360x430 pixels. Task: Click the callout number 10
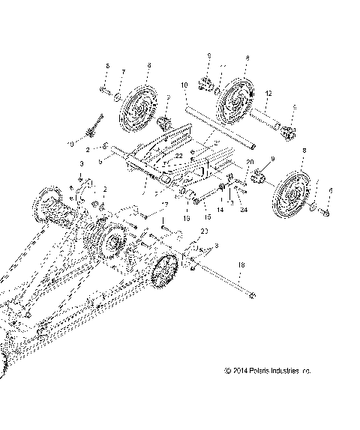[x=184, y=86]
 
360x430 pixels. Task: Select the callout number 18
[x=241, y=265]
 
